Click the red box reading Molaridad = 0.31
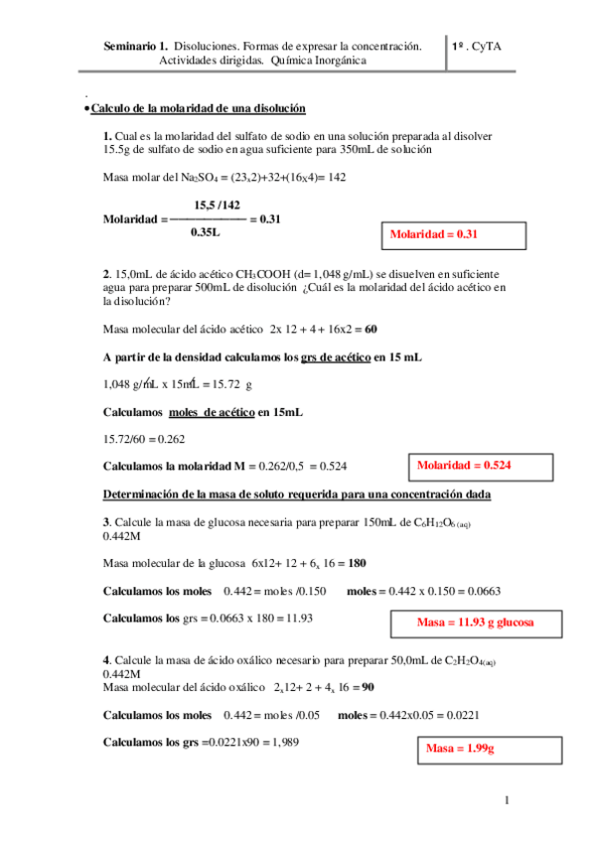pos(454,234)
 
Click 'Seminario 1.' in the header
pos(135,46)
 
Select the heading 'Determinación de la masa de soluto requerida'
pos(298,494)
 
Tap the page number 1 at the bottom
pos(507,800)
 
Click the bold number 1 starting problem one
pos(106,136)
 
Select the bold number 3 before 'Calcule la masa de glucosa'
pos(106,522)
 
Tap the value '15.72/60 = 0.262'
pos(144,438)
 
